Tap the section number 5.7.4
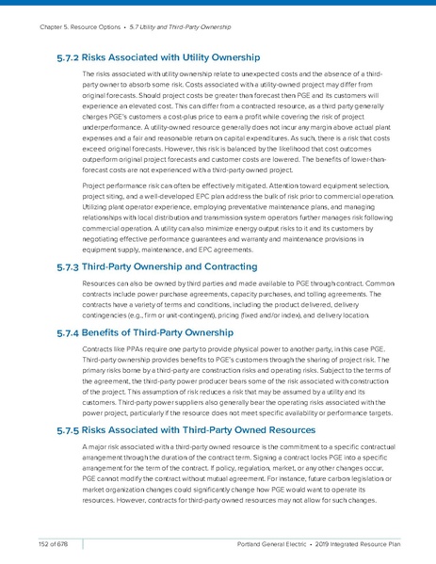[69, 333]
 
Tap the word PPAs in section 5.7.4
[133, 350]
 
